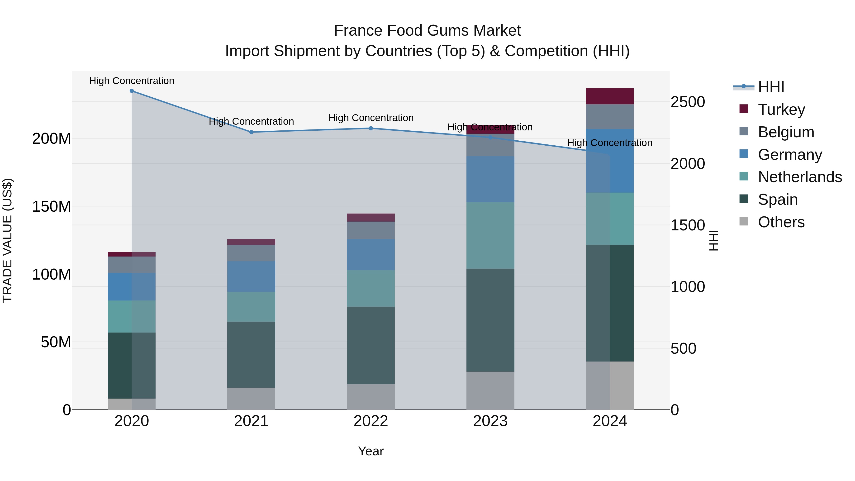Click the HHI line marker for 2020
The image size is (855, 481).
(x=132, y=91)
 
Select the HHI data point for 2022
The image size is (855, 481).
(x=371, y=128)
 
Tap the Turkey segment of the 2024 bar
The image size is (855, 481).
(x=610, y=96)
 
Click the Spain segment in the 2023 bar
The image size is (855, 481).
(x=490, y=320)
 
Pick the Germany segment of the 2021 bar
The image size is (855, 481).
(x=251, y=276)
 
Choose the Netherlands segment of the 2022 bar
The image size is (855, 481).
(x=371, y=288)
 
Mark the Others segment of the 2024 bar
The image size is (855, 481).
(x=610, y=386)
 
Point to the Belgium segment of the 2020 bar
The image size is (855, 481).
(x=132, y=265)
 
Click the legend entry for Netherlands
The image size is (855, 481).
(x=800, y=177)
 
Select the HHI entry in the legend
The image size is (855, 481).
(x=771, y=87)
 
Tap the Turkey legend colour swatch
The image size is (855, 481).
(x=744, y=109)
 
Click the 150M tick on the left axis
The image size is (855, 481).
(x=52, y=206)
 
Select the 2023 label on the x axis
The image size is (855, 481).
(x=490, y=421)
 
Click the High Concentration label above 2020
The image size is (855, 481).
(x=132, y=81)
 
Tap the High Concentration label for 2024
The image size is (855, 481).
(x=610, y=143)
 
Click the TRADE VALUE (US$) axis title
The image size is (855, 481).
(x=8, y=240)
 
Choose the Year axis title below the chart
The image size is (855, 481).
(x=371, y=451)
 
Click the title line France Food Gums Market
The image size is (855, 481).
(x=427, y=31)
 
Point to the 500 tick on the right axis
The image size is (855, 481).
(x=683, y=348)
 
